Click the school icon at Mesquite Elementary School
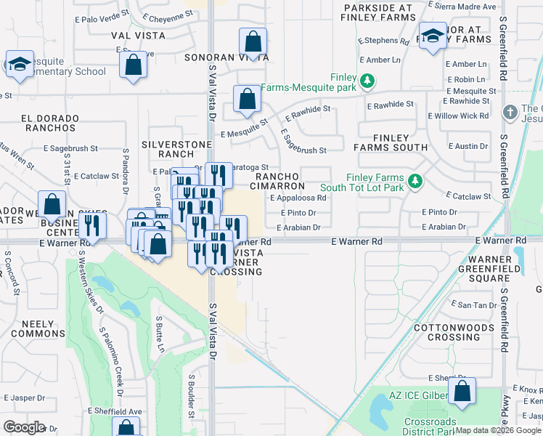pos(20,63)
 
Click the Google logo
pos(23,427)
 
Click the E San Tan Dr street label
pos(472,304)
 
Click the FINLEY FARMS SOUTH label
pos(390,142)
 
